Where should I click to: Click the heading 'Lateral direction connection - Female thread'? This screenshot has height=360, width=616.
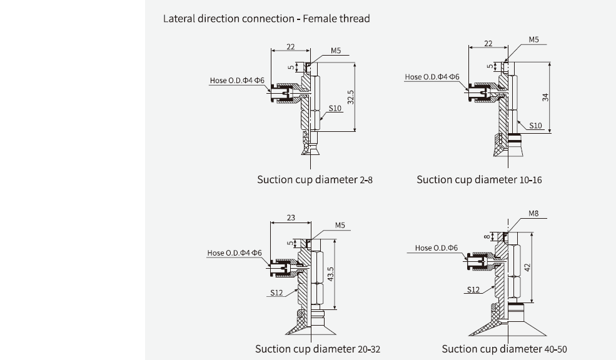266,19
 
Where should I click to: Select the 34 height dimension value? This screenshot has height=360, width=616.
545,97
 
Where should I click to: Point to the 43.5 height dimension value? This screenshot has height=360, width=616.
331,274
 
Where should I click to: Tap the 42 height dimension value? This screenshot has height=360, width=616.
527,267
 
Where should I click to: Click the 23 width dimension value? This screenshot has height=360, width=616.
291,218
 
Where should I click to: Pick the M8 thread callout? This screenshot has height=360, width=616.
533,213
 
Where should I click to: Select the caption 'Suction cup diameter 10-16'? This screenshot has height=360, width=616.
479,180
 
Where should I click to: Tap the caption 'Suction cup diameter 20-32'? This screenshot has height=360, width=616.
317,349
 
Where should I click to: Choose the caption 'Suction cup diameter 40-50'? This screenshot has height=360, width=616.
504,349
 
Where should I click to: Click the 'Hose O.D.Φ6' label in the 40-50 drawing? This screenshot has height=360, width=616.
436,248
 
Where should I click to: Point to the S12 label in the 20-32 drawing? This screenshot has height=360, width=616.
277,292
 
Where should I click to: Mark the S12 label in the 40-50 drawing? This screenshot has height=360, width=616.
473,289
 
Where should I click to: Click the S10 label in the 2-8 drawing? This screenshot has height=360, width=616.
336,108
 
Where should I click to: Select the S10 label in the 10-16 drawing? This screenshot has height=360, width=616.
535,125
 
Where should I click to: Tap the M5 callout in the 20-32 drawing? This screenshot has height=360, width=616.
340,225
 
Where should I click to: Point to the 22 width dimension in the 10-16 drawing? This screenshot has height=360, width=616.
488,43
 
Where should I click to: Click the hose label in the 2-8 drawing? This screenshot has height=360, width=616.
238,81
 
